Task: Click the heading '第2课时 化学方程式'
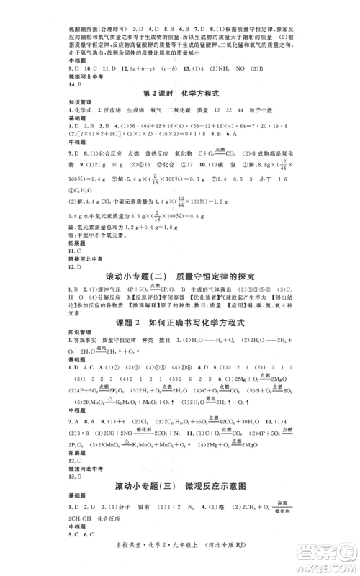(179, 94)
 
